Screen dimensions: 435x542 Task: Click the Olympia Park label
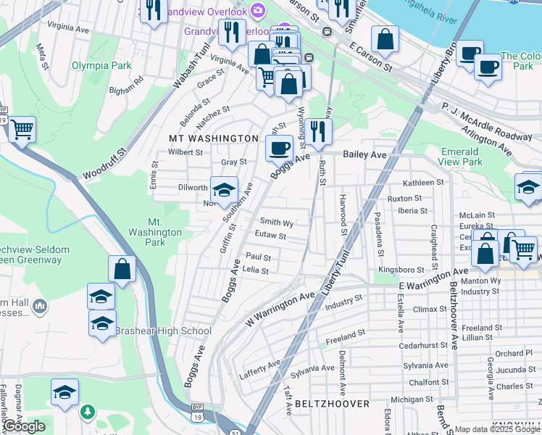101,65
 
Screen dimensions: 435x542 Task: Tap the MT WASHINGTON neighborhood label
214,138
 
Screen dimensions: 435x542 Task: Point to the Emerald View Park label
460,157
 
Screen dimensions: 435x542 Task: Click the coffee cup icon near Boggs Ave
278,149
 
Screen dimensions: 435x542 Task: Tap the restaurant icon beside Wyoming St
318,132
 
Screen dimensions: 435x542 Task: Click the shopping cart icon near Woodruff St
22,130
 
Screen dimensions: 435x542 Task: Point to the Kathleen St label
423,183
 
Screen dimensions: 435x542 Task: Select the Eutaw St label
271,236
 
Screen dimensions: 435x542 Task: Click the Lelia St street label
256,270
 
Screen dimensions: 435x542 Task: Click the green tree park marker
88,412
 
